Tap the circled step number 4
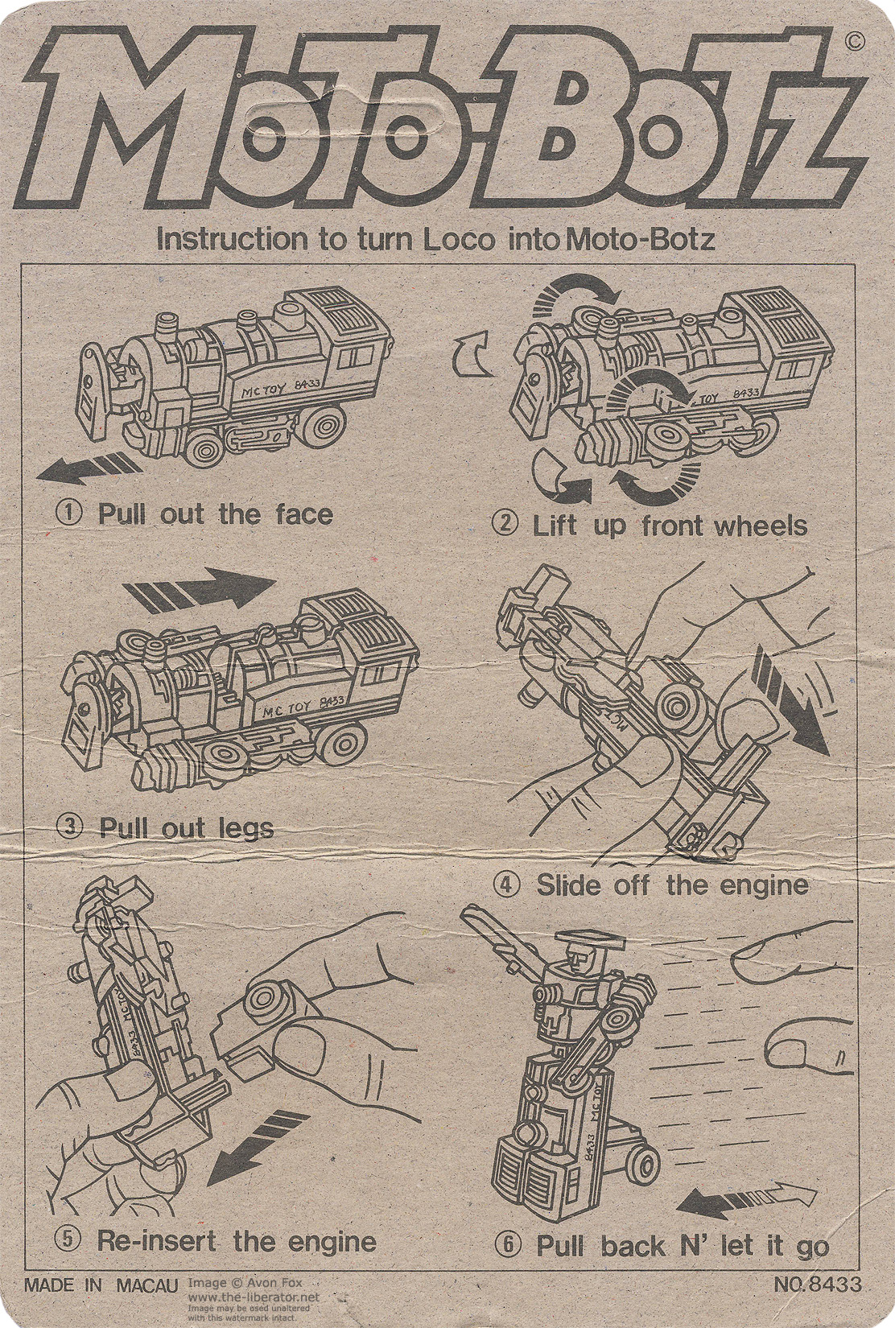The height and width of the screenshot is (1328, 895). coord(507,885)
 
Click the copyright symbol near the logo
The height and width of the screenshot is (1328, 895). coord(856,42)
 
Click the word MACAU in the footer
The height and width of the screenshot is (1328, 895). coord(146,1285)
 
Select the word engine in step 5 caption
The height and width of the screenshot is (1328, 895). coord(331,1241)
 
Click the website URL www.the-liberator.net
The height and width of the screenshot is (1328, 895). coord(253,1297)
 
